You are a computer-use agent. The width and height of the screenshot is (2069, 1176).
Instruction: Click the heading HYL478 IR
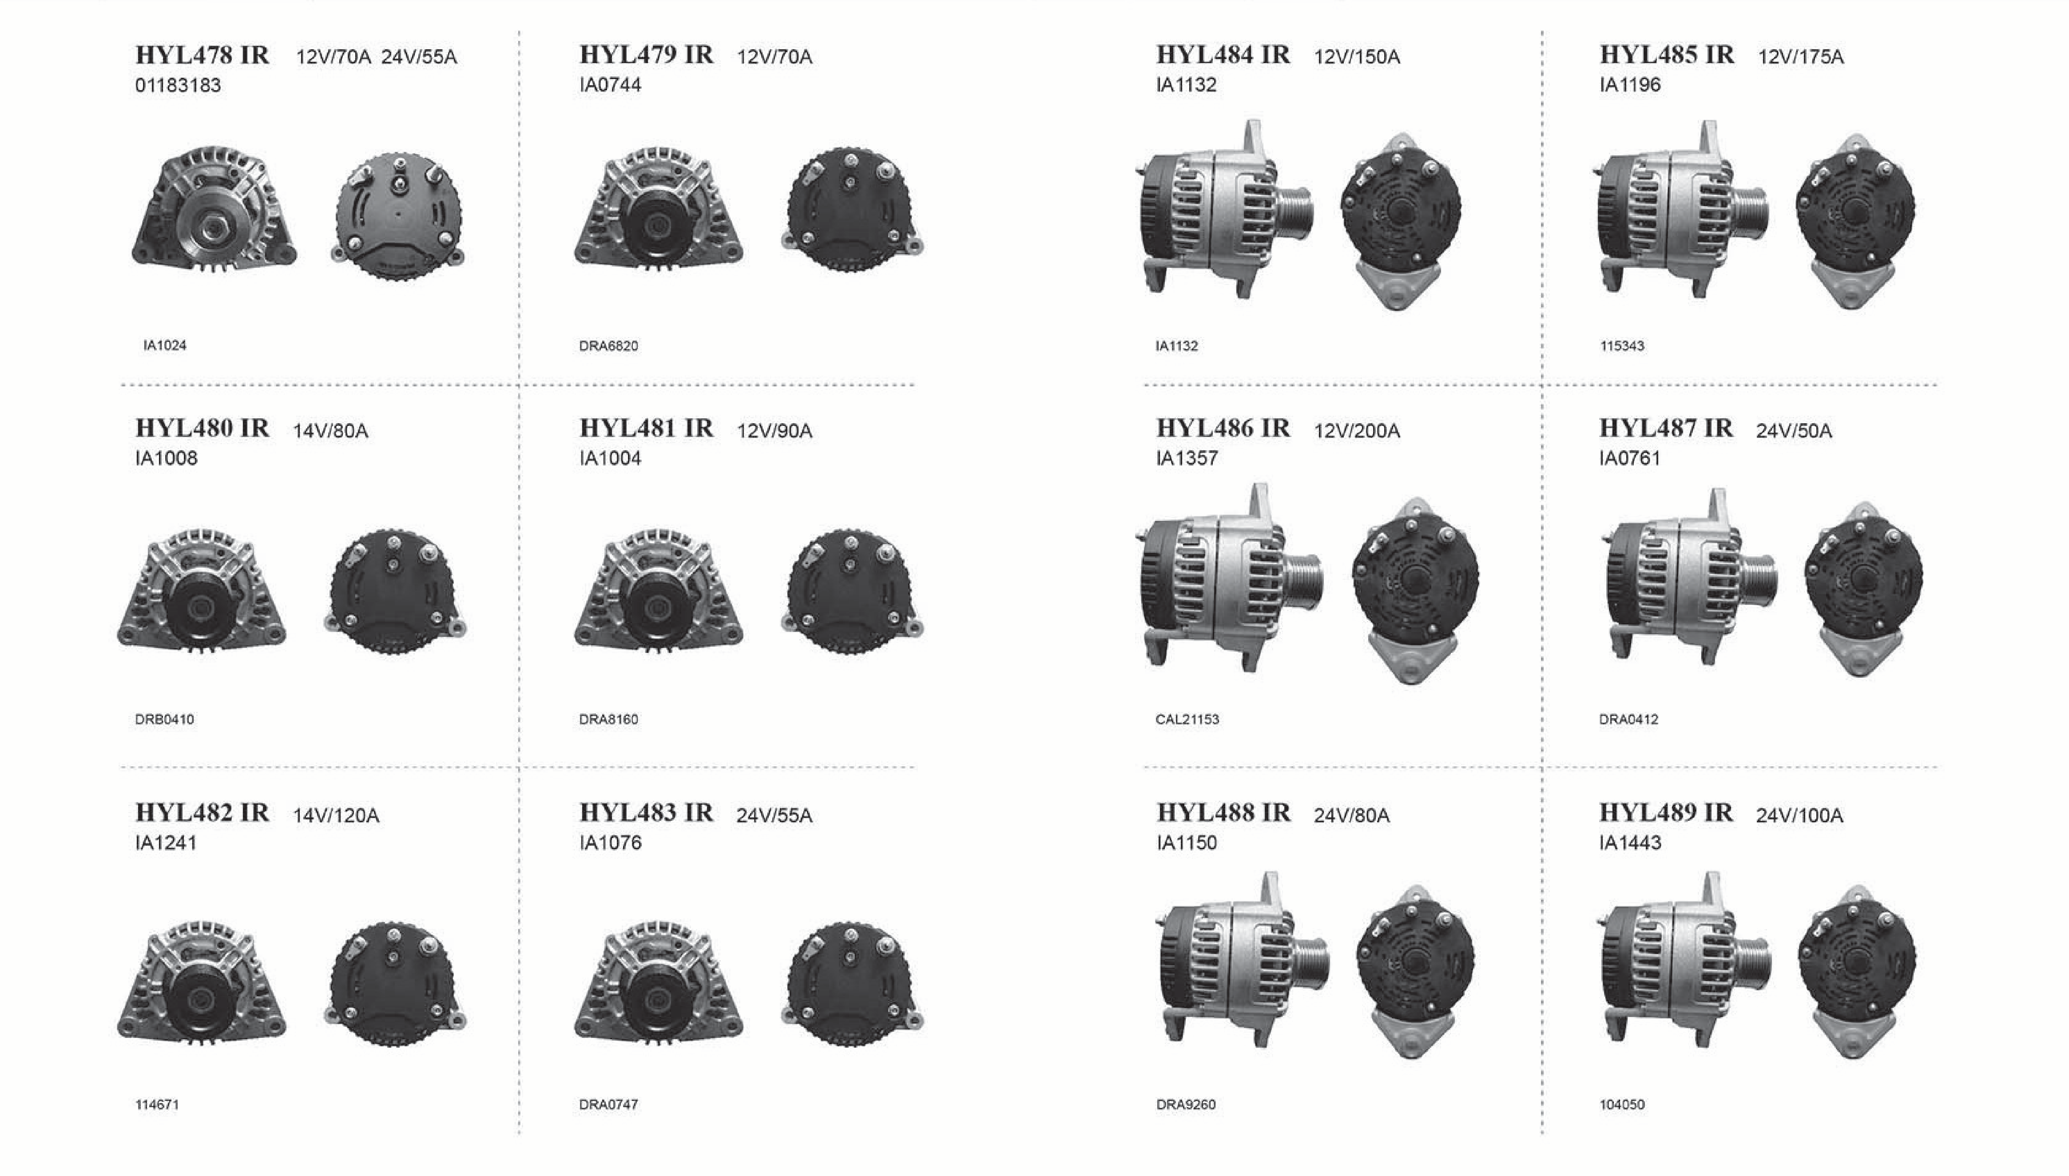pyautogui.click(x=202, y=55)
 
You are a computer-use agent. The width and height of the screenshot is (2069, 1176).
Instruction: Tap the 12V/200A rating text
pyautogui.click(x=1357, y=430)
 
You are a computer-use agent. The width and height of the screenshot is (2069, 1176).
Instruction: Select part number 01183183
pyautogui.click(x=178, y=85)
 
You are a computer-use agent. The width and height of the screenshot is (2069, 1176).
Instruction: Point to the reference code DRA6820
pyautogui.click(x=608, y=346)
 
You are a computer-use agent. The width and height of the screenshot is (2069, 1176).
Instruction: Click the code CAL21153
pyautogui.click(x=1187, y=719)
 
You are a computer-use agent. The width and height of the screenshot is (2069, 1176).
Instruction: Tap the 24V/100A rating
pyautogui.click(x=1799, y=816)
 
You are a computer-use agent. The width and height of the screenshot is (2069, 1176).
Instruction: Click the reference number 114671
pyautogui.click(x=157, y=1104)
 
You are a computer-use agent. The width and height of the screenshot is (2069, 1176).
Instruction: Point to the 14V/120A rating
pyautogui.click(x=336, y=816)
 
